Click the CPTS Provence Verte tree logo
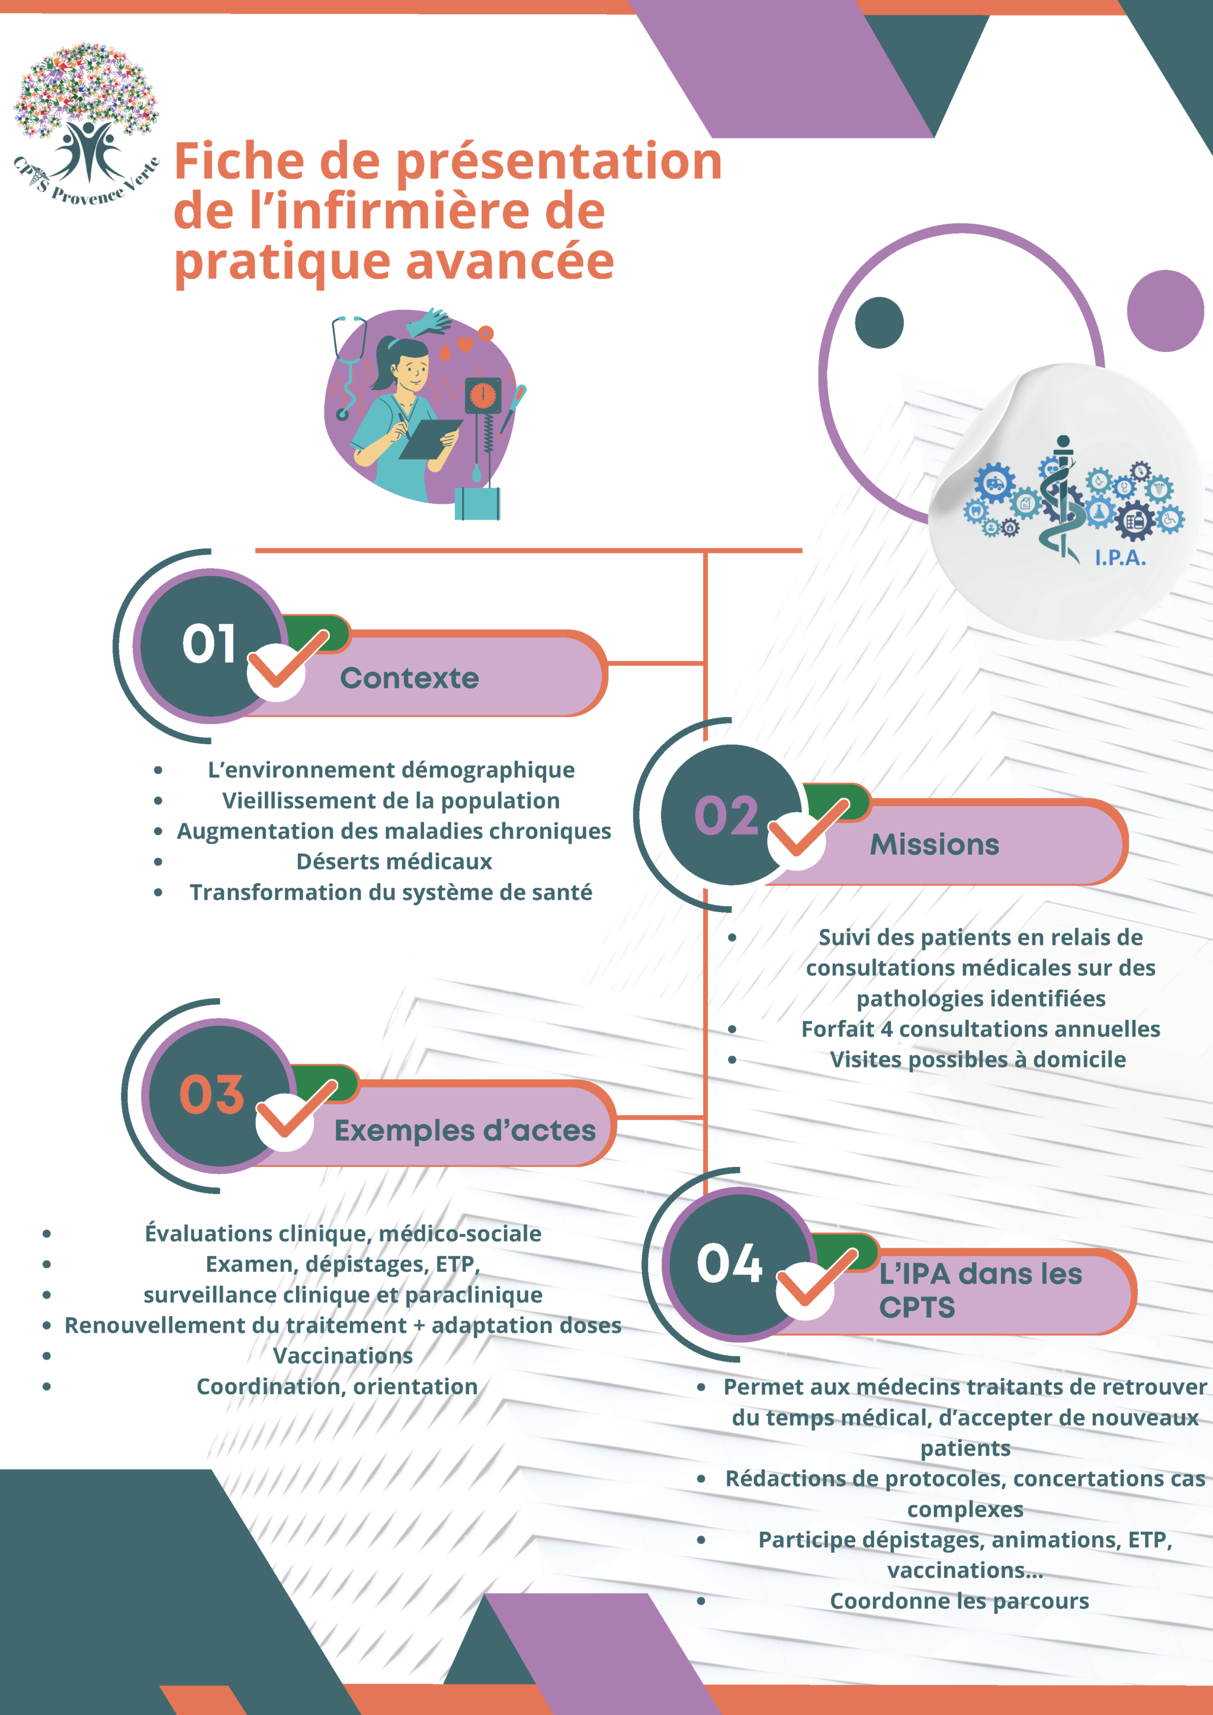point(86,123)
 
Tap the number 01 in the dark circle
point(208,644)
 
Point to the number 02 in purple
point(726,815)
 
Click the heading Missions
point(934,845)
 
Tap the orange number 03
point(211,1095)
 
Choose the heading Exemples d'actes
point(465,1131)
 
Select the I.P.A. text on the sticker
point(1119,557)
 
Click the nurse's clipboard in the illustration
point(431,439)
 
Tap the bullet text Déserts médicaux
point(394,862)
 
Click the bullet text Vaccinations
point(342,1356)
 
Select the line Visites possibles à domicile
point(978,1060)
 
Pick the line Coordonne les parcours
point(959,1601)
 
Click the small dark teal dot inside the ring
point(879,323)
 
